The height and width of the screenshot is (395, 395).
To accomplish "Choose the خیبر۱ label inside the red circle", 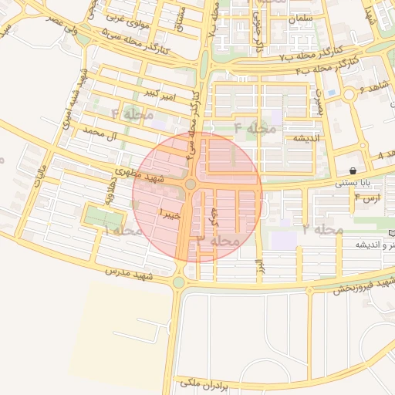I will coord(170,214).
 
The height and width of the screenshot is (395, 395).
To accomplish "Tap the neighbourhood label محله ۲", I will coord(322,229).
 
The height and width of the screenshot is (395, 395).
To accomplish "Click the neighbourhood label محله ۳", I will coord(218,241).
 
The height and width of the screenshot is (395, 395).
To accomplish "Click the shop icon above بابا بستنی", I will coord(353,170).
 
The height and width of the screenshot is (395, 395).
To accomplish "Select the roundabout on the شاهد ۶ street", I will coord(349,95).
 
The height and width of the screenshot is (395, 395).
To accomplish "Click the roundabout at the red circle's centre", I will coord(190,184).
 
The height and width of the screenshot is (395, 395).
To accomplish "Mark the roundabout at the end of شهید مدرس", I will coord(179,282).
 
